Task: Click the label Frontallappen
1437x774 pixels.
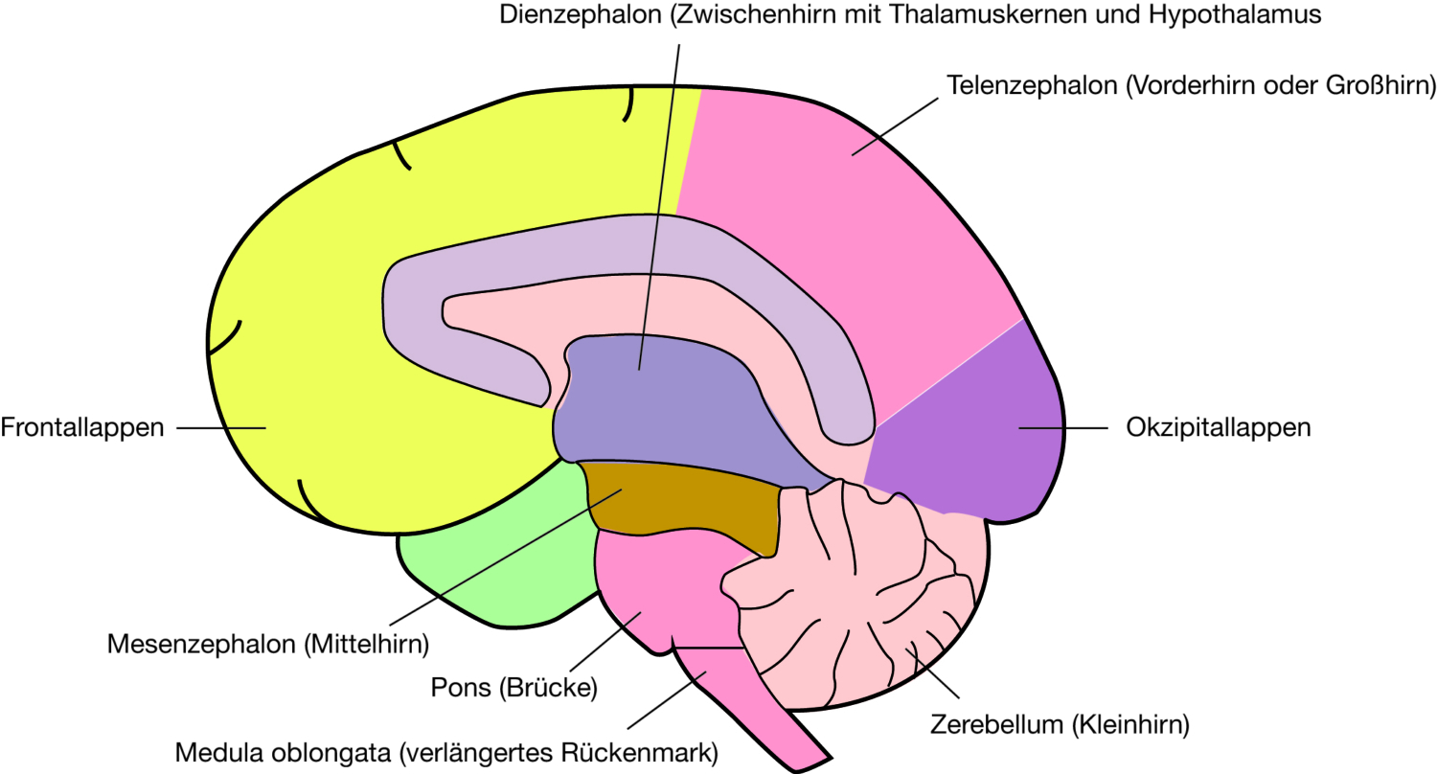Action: [x=82, y=427]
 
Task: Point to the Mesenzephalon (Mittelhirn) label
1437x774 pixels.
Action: [x=267, y=643]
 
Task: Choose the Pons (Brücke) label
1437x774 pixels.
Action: [x=514, y=688]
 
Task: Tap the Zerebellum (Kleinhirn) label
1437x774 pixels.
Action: [x=1060, y=724]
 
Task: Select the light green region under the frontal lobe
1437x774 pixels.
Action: [x=498, y=575]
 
